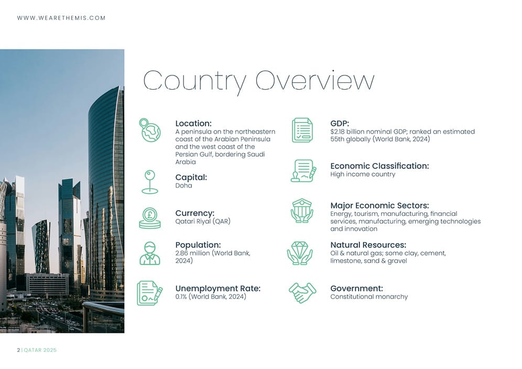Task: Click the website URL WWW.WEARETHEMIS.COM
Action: tap(61, 18)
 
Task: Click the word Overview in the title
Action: tap(314, 81)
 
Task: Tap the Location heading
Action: tap(193, 124)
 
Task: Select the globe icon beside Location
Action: tap(150, 131)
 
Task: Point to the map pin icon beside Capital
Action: tap(150, 181)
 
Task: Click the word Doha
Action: tap(183, 186)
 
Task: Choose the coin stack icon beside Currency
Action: tap(150, 218)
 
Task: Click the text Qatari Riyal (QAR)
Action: tap(203, 221)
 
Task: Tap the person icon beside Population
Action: tap(150, 253)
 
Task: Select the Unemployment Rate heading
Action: tap(217, 288)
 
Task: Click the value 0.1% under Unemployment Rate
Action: tap(181, 297)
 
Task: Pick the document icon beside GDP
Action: tap(302, 130)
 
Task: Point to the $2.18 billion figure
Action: tap(353, 132)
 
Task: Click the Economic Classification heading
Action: tap(379, 166)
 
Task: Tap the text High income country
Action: tap(363, 174)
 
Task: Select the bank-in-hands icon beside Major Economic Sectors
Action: tap(302, 210)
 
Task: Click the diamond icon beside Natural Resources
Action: tap(300, 252)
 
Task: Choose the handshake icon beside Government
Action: tap(302, 292)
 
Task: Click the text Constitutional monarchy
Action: tap(369, 297)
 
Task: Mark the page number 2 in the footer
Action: tap(18, 350)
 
